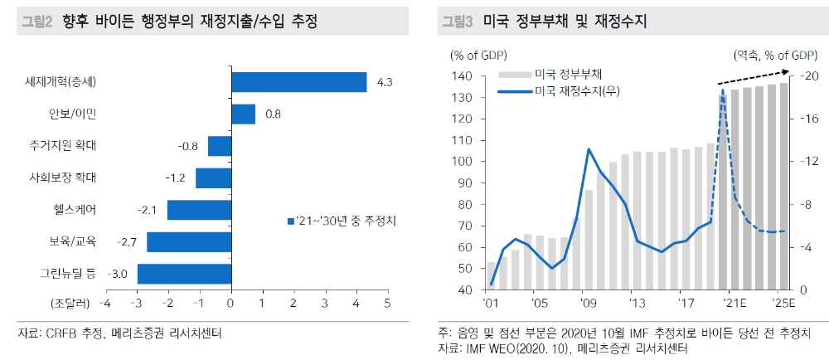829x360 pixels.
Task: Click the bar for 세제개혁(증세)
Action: [x=298, y=82]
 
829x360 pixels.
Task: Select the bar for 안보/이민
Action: [x=243, y=114]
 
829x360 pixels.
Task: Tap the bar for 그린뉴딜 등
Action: [x=184, y=274]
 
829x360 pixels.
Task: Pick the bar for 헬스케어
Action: [x=199, y=210]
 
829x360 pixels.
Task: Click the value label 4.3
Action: [x=384, y=82]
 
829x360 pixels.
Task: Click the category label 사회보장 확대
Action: [x=62, y=178]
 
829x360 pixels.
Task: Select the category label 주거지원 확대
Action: [x=62, y=146]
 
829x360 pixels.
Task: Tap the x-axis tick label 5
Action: [x=387, y=303]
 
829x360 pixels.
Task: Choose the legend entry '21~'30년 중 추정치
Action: [x=341, y=221]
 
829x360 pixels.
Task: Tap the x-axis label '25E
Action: [x=782, y=304]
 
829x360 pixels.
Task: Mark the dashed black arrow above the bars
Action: [x=753, y=75]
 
